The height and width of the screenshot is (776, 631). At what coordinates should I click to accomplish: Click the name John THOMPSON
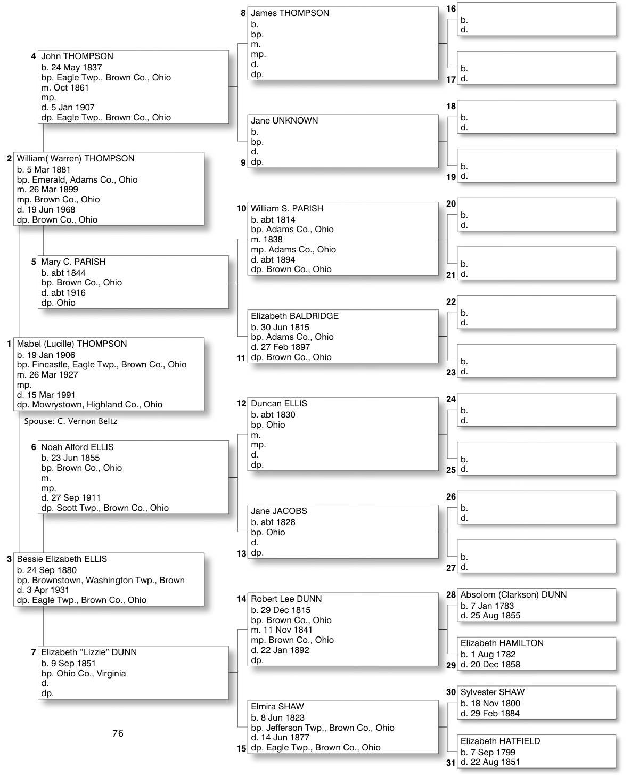[77, 56]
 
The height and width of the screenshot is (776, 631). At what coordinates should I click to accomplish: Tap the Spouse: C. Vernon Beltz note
[71, 421]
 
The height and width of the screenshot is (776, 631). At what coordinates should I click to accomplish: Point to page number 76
[118, 733]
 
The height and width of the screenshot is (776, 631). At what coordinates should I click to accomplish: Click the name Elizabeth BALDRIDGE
[294, 316]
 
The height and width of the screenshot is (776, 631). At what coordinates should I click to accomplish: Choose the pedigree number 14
[241, 599]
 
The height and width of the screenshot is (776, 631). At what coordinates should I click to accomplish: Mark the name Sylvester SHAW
[492, 692]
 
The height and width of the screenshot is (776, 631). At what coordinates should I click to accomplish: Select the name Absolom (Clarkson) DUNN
[513, 595]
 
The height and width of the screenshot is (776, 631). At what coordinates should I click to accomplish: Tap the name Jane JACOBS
[279, 511]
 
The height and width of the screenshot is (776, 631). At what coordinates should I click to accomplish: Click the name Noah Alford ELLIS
[77, 447]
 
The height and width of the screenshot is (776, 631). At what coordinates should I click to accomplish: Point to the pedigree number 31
[451, 763]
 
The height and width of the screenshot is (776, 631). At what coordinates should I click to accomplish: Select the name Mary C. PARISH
[73, 262]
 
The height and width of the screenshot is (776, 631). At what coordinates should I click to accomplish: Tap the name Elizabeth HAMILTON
[502, 643]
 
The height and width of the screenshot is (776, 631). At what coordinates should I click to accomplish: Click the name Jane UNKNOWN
[284, 121]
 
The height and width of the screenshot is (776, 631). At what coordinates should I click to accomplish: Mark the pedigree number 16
[451, 9]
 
